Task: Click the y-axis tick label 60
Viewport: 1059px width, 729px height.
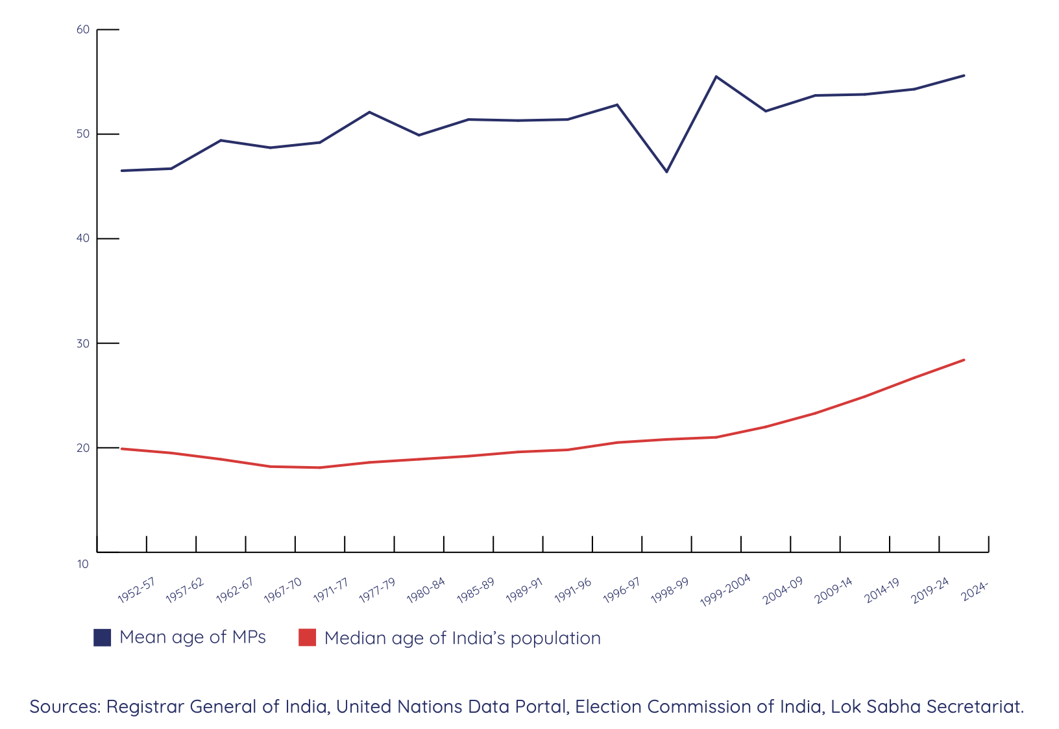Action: click(x=82, y=30)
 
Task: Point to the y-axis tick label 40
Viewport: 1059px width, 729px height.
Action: click(x=82, y=239)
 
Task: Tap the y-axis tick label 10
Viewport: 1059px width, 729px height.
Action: click(x=82, y=564)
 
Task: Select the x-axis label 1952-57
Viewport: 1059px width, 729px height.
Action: click(x=136, y=591)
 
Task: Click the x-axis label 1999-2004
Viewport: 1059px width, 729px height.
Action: click(x=725, y=591)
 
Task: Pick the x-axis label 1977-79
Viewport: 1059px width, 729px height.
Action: click(x=377, y=591)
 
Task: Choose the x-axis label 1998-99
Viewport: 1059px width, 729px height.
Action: click(x=669, y=591)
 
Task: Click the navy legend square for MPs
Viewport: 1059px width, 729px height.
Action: click(x=103, y=637)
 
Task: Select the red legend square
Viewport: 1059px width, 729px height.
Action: click(x=307, y=637)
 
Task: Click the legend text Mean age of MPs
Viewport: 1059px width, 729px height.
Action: click(x=193, y=637)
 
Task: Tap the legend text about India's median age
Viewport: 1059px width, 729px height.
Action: click(x=462, y=638)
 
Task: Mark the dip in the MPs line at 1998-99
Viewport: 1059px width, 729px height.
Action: click(x=666, y=171)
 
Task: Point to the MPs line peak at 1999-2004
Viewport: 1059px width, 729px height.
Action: click(x=716, y=77)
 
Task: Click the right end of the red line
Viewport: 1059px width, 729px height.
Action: click(x=964, y=360)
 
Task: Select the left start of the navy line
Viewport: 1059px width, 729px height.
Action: click(x=122, y=171)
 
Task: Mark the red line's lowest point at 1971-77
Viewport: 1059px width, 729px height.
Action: click(x=320, y=467)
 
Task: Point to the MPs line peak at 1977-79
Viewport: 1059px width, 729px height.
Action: click(x=369, y=112)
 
